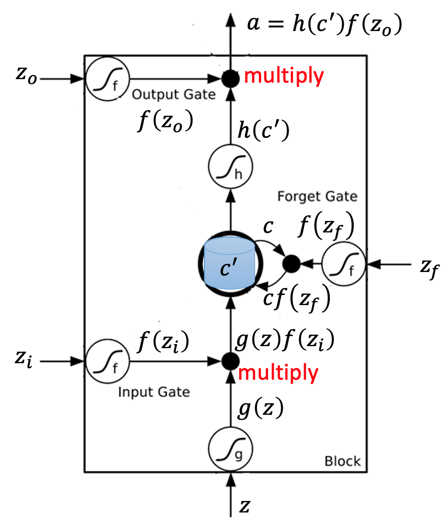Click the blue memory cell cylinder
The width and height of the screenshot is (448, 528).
(230, 264)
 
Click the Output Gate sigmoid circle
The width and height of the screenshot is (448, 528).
(107, 79)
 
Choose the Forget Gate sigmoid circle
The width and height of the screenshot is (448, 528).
(343, 263)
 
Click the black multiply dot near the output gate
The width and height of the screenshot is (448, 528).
(231, 79)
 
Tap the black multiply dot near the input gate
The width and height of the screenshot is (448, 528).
(231, 360)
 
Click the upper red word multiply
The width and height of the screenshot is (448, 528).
(284, 76)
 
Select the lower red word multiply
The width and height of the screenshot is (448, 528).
(278, 373)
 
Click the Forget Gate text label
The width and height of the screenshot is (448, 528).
(317, 196)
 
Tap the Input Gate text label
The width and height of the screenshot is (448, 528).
(154, 391)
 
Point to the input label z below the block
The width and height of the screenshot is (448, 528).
(245, 507)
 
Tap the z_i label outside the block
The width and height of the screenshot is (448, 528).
(23, 359)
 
